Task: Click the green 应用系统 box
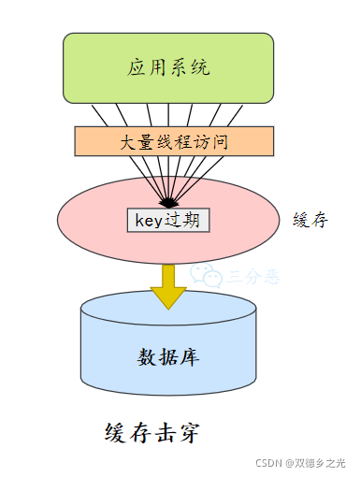click(168, 67)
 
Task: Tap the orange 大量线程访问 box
click(174, 142)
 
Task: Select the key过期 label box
click(168, 220)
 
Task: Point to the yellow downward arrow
click(168, 284)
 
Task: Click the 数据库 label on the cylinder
click(168, 357)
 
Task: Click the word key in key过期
click(150, 220)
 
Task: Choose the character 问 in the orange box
click(221, 142)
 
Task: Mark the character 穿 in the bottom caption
click(186, 433)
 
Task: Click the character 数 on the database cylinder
click(147, 357)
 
